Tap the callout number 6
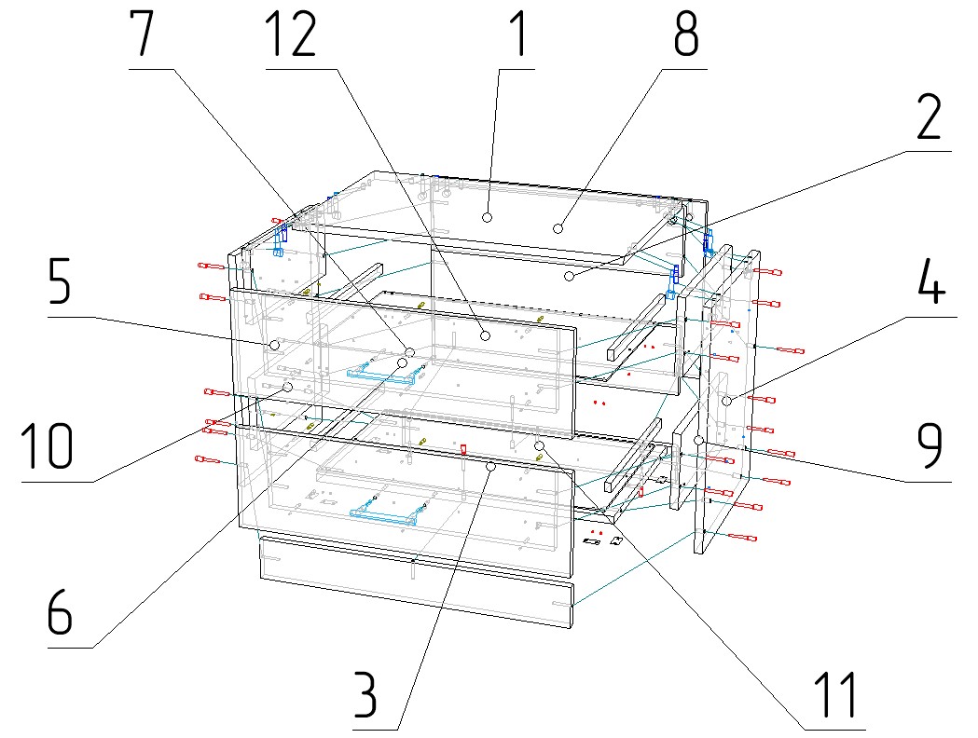coord(58,612)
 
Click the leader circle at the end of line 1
coord(487,217)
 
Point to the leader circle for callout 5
coord(274,345)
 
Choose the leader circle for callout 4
coord(727,401)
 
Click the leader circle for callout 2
coord(570,277)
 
